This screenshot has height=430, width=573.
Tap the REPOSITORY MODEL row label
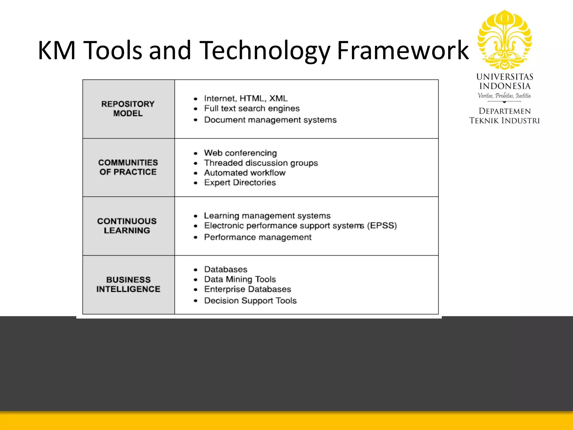pos(128,109)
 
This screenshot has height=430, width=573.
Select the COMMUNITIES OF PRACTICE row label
pos(128,167)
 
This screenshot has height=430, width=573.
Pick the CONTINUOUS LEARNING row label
pos(127,226)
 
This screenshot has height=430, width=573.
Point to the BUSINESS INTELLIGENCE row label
pos(128,284)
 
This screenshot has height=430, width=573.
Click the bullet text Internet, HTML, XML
pos(246,99)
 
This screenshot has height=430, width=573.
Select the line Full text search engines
pos(252,108)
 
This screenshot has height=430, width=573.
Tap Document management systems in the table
pos(270,120)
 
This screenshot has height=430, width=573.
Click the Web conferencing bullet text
pos(240,153)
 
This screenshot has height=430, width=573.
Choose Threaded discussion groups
pos(261,163)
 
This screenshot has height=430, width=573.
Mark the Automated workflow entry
pos(245,173)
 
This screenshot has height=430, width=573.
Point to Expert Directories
pos(240,183)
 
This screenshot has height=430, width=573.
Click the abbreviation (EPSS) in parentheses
pos(382,226)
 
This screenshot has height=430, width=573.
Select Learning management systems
pos(267,216)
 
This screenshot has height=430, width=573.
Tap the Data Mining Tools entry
pos(240,279)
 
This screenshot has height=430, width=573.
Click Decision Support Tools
pos(250,301)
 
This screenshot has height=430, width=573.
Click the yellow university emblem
pos(504,40)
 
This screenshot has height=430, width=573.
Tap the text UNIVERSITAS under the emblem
pos(504,77)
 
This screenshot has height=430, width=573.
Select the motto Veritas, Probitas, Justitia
pos(504,96)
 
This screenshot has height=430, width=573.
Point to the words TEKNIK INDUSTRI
pos(504,121)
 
